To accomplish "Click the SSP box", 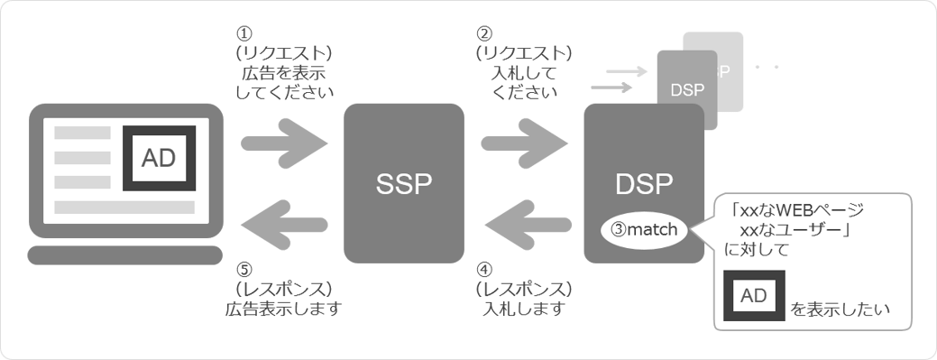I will [x=403, y=183].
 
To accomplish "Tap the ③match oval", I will [x=645, y=229].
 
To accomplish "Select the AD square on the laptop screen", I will [x=159, y=158].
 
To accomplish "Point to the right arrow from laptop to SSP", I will [x=284, y=142].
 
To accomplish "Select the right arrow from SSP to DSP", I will [x=524, y=142].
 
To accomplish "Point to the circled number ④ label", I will [x=483, y=268].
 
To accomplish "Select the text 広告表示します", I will [x=283, y=309].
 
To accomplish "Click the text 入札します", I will [x=524, y=309].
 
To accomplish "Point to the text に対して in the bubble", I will [x=756, y=251].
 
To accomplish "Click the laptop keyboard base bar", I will [x=124, y=254].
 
